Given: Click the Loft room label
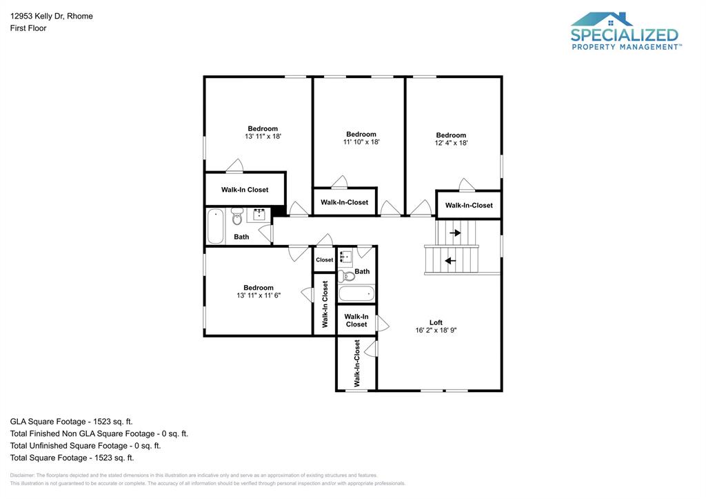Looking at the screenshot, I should [436, 322].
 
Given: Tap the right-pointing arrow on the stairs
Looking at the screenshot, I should [455, 233].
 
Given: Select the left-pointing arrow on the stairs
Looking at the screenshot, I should [450, 261].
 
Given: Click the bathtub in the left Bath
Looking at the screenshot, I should [216, 226].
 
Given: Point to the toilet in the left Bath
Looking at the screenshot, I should [237, 218].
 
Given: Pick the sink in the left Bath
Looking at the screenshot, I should [260, 215].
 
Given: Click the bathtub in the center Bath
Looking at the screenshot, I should [356, 294].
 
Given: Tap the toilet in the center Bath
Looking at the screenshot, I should [347, 276].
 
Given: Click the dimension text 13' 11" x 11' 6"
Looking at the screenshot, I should [259, 295].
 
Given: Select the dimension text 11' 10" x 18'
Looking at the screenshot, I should [361, 142].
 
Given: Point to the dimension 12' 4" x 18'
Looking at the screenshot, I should [451, 143].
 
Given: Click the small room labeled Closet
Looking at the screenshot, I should [324, 260].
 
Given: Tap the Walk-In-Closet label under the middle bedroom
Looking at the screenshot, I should [344, 202].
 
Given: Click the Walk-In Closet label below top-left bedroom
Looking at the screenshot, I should [245, 189].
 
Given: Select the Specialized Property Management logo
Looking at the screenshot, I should [625, 31].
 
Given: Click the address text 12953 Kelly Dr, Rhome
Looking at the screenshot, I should [52, 16].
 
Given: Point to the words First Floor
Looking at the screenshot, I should [28, 28].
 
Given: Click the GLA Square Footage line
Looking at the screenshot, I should [71, 421].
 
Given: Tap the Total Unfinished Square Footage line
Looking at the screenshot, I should [85, 445].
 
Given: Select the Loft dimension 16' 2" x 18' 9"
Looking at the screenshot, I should [436, 330].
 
